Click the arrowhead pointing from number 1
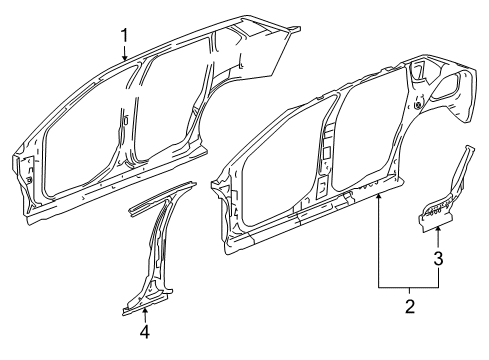(x=125, y=61)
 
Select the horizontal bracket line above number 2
(x=409, y=286)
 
